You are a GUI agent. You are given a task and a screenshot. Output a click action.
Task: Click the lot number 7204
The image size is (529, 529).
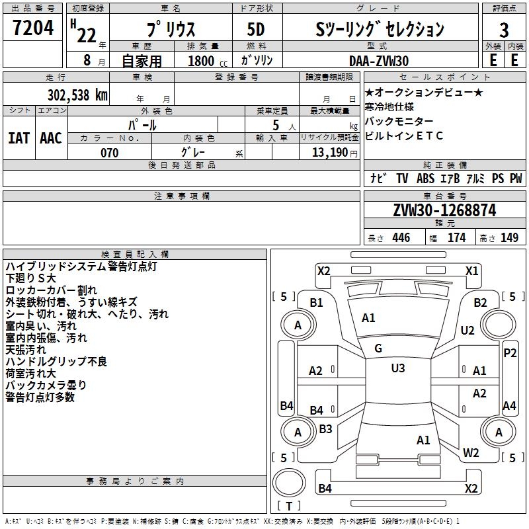(x=33, y=28)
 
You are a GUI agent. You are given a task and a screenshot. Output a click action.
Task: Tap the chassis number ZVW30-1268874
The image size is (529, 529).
(x=444, y=210)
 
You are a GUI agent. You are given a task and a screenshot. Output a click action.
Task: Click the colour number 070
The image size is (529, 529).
(x=109, y=153)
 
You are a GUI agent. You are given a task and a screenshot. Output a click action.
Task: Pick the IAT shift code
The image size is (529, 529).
(x=19, y=138)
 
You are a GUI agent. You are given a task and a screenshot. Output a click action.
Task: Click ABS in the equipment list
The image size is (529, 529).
(x=425, y=178)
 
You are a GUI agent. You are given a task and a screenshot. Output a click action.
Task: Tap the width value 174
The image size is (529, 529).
(x=457, y=238)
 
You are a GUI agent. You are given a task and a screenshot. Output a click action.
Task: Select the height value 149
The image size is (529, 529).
(x=509, y=238)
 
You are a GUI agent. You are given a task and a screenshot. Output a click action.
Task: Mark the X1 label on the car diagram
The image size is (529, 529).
(x=471, y=270)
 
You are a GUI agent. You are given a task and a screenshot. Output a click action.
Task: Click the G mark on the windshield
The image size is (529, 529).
(x=378, y=348)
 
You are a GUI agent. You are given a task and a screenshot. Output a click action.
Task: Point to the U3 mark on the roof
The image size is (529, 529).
(x=397, y=368)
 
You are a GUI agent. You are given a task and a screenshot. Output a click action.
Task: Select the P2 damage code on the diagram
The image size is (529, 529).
(x=509, y=352)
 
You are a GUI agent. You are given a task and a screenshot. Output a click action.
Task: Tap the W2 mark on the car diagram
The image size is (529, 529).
(x=471, y=453)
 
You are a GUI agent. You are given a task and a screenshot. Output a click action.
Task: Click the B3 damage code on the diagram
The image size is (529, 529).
(x=325, y=428)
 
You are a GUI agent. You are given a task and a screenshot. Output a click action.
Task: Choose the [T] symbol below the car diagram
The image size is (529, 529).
(x=288, y=506)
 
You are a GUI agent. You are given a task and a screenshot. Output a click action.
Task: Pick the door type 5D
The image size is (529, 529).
(x=256, y=30)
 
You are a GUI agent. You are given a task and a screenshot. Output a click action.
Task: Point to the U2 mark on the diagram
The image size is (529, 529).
(x=468, y=330)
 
